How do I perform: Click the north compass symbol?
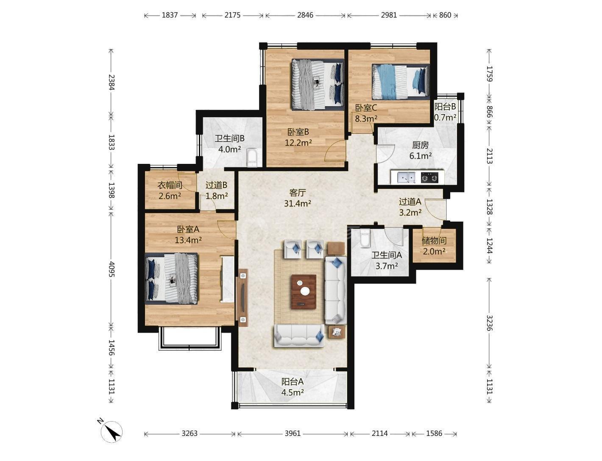(x=111, y=431)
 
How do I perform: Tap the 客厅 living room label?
(x=297, y=192)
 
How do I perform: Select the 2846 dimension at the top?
(x=305, y=15)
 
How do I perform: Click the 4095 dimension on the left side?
(x=111, y=269)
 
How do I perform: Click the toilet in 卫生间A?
(x=365, y=238)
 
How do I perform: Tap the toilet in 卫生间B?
(x=251, y=157)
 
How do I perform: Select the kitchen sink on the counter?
(x=406, y=177)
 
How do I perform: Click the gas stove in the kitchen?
(x=429, y=177)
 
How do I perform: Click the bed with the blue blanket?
(x=401, y=82)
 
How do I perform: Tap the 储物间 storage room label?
(x=434, y=241)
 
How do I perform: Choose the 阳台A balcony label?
(x=293, y=382)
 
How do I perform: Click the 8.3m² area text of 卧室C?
(x=366, y=118)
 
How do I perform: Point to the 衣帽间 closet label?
(x=170, y=186)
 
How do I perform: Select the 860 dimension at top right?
(x=445, y=15)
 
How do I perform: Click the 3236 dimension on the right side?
(x=489, y=323)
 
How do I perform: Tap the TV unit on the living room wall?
(x=243, y=297)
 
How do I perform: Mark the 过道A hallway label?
(x=410, y=202)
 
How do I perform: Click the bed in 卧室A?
(x=171, y=278)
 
